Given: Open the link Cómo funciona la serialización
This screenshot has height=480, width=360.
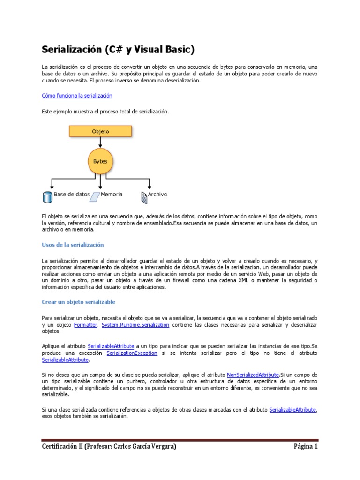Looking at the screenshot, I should click(x=77, y=96).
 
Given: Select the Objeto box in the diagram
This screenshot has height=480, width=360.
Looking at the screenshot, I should click(x=100, y=131).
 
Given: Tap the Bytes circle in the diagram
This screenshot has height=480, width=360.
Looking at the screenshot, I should click(x=100, y=161).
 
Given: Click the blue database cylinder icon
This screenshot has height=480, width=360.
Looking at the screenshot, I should click(x=47, y=197).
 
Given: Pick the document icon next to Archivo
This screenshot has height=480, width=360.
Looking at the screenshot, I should click(x=144, y=197).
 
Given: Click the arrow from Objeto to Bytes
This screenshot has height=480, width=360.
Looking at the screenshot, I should click(x=100, y=142).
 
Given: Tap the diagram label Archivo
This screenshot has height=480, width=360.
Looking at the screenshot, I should click(x=157, y=194).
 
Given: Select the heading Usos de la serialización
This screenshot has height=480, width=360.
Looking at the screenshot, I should click(x=73, y=245).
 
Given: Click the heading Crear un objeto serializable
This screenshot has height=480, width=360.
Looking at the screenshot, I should click(x=78, y=302).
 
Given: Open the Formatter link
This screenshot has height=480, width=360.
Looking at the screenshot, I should click(x=86, y=325).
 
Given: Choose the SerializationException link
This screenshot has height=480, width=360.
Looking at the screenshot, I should click(x=132, y=353).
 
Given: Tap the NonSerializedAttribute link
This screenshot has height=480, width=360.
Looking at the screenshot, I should click(x=253, y=375).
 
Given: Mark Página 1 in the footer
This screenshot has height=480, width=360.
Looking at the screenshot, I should click(x=306, y=447).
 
